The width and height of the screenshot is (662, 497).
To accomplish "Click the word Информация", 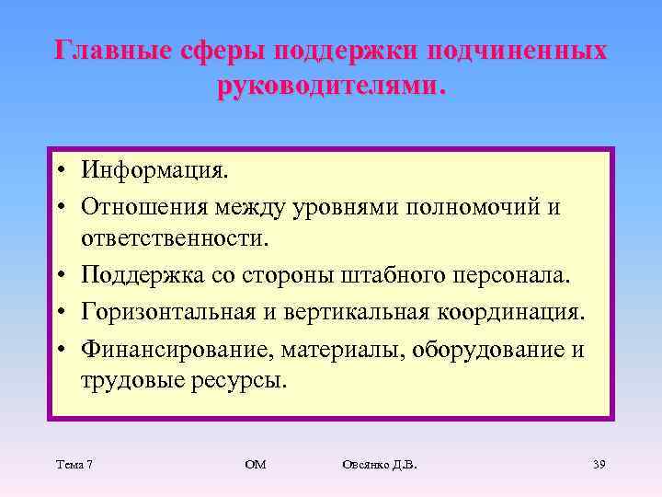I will point(154,170).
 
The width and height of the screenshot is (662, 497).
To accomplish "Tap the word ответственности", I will point(177,239).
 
